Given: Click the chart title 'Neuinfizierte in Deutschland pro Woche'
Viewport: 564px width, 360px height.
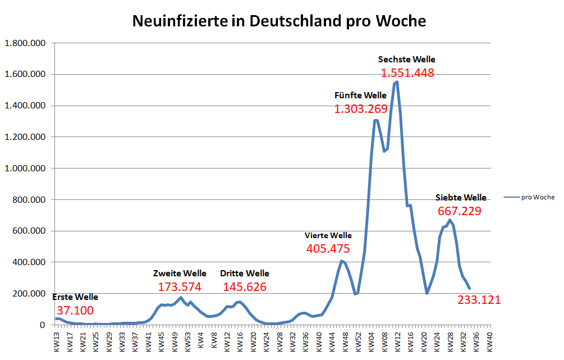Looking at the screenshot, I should pyautogui.click(x=279, y=21).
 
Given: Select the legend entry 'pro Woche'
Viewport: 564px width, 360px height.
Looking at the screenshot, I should pyautogui.click(x=537, y=197).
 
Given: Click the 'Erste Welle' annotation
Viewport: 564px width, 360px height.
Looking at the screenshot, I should pyautogui.click(x=75, y=297).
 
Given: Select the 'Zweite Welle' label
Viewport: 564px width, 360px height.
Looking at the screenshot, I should pyautogui.click(x=180, y=274).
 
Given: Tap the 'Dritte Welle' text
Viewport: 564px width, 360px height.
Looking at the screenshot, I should pyautogui.click(x=244, y=274).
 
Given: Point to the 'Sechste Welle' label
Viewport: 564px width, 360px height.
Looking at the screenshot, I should pyautogui.click(x=406, y=59).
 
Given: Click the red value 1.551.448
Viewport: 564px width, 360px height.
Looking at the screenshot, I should pyautogui.click(x=407, y=73).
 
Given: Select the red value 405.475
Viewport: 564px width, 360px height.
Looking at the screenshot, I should pyautogui.click(x=328, y=249).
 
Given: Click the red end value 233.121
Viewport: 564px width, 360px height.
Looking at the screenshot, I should pyautogui.click(x=479, y=300).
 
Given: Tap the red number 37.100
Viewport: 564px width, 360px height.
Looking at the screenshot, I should pyautogui.click(x=75, y=311).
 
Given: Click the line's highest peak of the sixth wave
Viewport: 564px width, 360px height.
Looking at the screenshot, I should pyautogui.click(x=397, y=82).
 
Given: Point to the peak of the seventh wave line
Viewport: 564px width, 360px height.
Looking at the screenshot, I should pyautogui.click(x=449, y=220).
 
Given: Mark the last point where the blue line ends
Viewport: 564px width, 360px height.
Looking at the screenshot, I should pyautogui.click(x=469, y=288).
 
